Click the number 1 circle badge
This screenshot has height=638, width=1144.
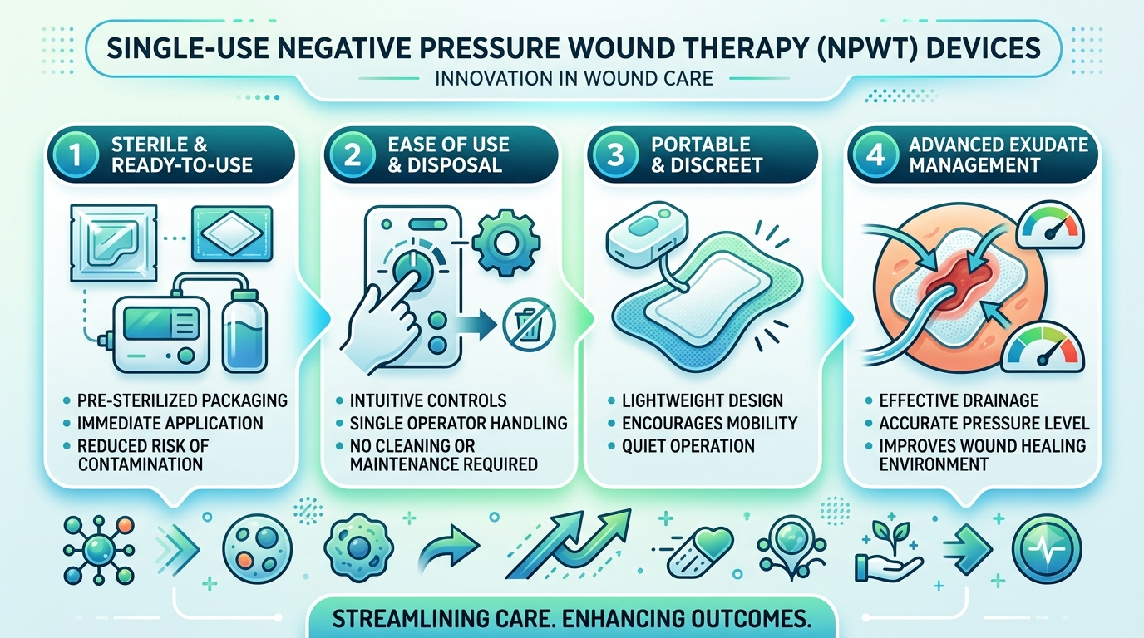tap(76, 155)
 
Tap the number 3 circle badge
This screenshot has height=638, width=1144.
tap(615, 155)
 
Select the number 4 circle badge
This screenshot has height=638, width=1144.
tap(875, 155)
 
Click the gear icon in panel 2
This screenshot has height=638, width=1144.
tap(505, 243)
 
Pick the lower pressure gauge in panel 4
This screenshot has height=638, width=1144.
tap(1042, 347)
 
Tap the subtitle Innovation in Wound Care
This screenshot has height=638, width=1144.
tap(574, 79)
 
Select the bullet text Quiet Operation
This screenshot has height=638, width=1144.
tap(688, 446)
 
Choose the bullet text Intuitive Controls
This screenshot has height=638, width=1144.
tap(428, 400)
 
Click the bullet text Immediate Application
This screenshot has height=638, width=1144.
tap(170, 423)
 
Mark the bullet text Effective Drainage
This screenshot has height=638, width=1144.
tap(959, 400)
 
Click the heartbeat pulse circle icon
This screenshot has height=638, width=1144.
tap(1047, 548)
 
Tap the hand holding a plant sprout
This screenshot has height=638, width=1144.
tap(889, 552)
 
